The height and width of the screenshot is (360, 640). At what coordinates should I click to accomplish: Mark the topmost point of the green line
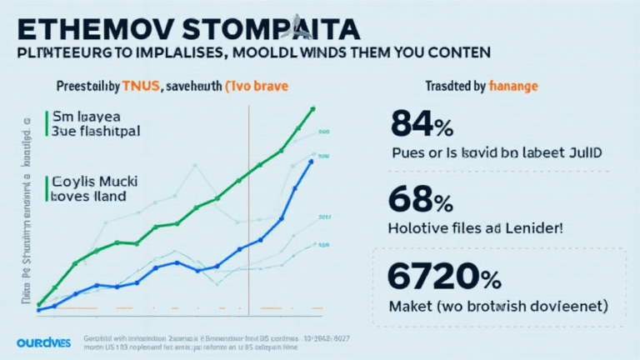pyautogui.click(x=312, y=108)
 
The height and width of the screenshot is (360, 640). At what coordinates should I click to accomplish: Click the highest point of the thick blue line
pyautogui.click(x=312, y=161)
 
